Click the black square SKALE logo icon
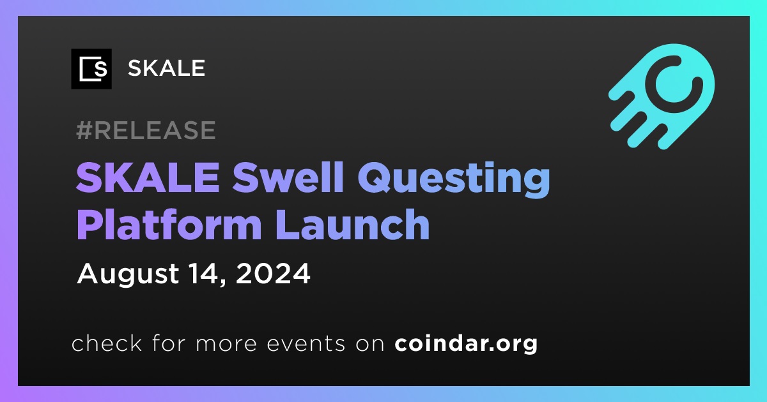(x=91, y=69)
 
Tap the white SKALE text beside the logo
(x=166, y=68)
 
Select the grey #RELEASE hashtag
(x=146, y=130)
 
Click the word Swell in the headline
(x=288, y=177)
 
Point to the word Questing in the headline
(x=454, y=179)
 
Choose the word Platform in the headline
(x=169, y=225)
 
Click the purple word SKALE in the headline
(x=148, y=177)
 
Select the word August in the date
(x=128, y=274)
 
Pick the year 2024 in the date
(x=273, y=274)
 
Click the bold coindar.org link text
(x=466, y=344)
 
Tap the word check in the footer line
(x=107, y=343)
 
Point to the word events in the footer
(x=306, y=344)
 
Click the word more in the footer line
(x=226, y=345)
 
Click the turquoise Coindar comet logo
(x=662, y=96)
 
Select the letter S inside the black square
(x=101, y=70)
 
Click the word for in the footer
(x=169, y=343)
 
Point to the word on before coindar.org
(x=370, y=345)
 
